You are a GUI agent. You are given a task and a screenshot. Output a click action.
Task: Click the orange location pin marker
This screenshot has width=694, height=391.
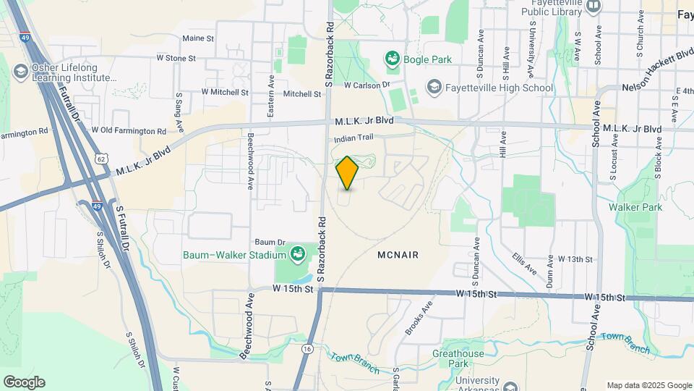coord(347,173)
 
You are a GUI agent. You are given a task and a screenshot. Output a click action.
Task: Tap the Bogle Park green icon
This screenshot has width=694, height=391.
coord(393,57)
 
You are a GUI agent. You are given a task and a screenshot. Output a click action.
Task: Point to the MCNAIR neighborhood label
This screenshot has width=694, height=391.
coord(398,256)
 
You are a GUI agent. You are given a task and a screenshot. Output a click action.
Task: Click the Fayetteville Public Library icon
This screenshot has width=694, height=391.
coord(594,7)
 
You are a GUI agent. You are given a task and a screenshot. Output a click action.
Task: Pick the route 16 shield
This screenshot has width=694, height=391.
coord(307,349)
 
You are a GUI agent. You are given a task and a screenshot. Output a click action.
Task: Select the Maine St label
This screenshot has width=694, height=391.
coord(198,38)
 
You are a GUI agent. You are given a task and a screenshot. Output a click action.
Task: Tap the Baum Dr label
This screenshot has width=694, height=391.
coord(271,242)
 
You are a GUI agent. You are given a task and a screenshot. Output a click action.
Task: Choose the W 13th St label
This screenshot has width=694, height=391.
coord(575,258)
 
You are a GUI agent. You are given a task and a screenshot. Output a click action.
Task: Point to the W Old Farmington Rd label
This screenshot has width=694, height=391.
coord(129,131)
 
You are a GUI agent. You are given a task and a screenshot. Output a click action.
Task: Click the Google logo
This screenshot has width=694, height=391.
coord(24,382)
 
